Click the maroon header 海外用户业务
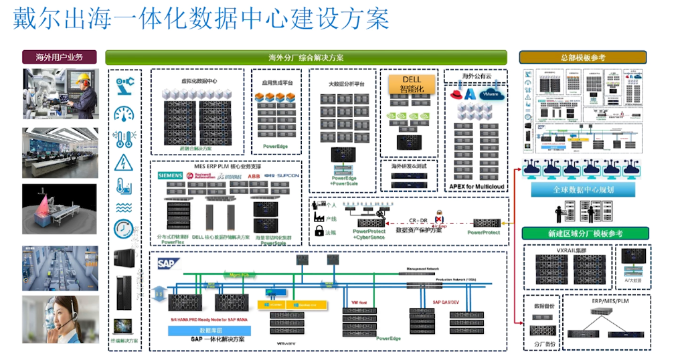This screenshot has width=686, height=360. click(59, 58)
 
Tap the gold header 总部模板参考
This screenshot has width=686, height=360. click(583, 58)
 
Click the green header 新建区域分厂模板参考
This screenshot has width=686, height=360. click(583, 234)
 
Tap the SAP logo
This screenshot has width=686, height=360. click(166, 263)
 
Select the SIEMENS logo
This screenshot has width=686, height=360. click(170, 175)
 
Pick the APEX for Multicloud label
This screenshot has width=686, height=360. click(476, 187)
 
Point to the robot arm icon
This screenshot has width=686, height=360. click(124, 86)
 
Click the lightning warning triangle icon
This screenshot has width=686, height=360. click(124, 163)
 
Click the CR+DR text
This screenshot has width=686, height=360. click(418, 220)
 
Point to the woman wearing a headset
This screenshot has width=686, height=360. click(60, 320)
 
